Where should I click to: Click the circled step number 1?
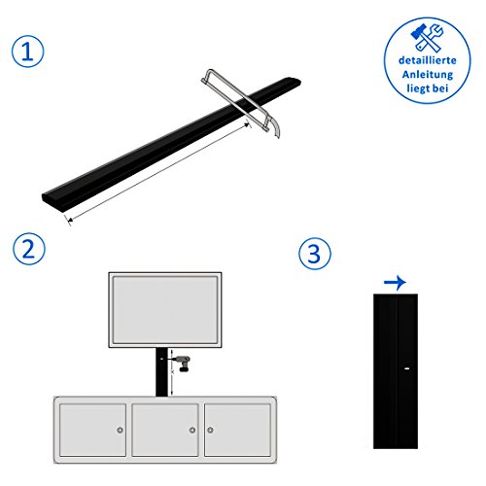coord(27,52)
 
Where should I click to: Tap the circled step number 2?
coord(29,249)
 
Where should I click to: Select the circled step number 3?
coord(315,253)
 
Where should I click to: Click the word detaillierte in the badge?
coord(428,60)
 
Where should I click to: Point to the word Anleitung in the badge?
coord(428,75)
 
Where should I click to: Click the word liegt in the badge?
coord(418,88)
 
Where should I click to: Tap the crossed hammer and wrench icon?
coord(427,38)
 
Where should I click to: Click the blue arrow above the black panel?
coord(395,282)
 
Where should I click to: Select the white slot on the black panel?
coord(407,368)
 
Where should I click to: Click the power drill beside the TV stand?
coord(182,363)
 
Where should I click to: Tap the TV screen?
coord(165,310)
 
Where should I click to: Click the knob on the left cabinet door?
coord(120,430)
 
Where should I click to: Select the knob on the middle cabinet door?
coord(192,430)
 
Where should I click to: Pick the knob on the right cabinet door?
coord(210,430)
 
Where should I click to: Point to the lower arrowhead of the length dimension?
coord(68,220)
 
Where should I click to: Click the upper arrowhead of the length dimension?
coord(247,124)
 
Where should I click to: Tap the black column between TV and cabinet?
coord(161,372)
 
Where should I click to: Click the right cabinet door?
coord(237,430)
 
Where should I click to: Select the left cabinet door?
coord(93,430)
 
